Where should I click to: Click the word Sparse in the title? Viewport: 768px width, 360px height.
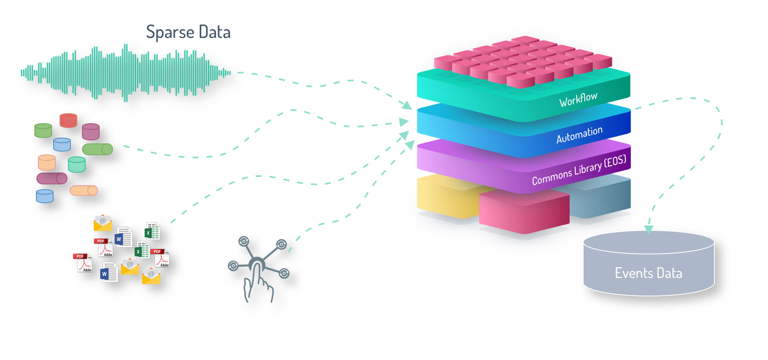point(170,32)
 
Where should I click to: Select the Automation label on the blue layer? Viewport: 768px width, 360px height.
point(579,135)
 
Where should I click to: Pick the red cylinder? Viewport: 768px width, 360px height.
point(68,120)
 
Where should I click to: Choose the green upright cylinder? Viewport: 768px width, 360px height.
point(43,130)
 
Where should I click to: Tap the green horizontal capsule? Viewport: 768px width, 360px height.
point(97,149)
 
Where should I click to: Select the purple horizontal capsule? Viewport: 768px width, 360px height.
point(52,178)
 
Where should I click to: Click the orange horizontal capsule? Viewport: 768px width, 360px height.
point(84,190)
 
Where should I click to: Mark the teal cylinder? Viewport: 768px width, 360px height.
point(77,164)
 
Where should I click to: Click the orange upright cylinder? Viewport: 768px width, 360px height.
point(47,162)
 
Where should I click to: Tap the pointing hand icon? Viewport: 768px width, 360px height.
point(258,284)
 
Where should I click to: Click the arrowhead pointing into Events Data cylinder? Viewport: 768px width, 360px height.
point(649,230)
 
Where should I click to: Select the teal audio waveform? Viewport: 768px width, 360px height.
point(126,72)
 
